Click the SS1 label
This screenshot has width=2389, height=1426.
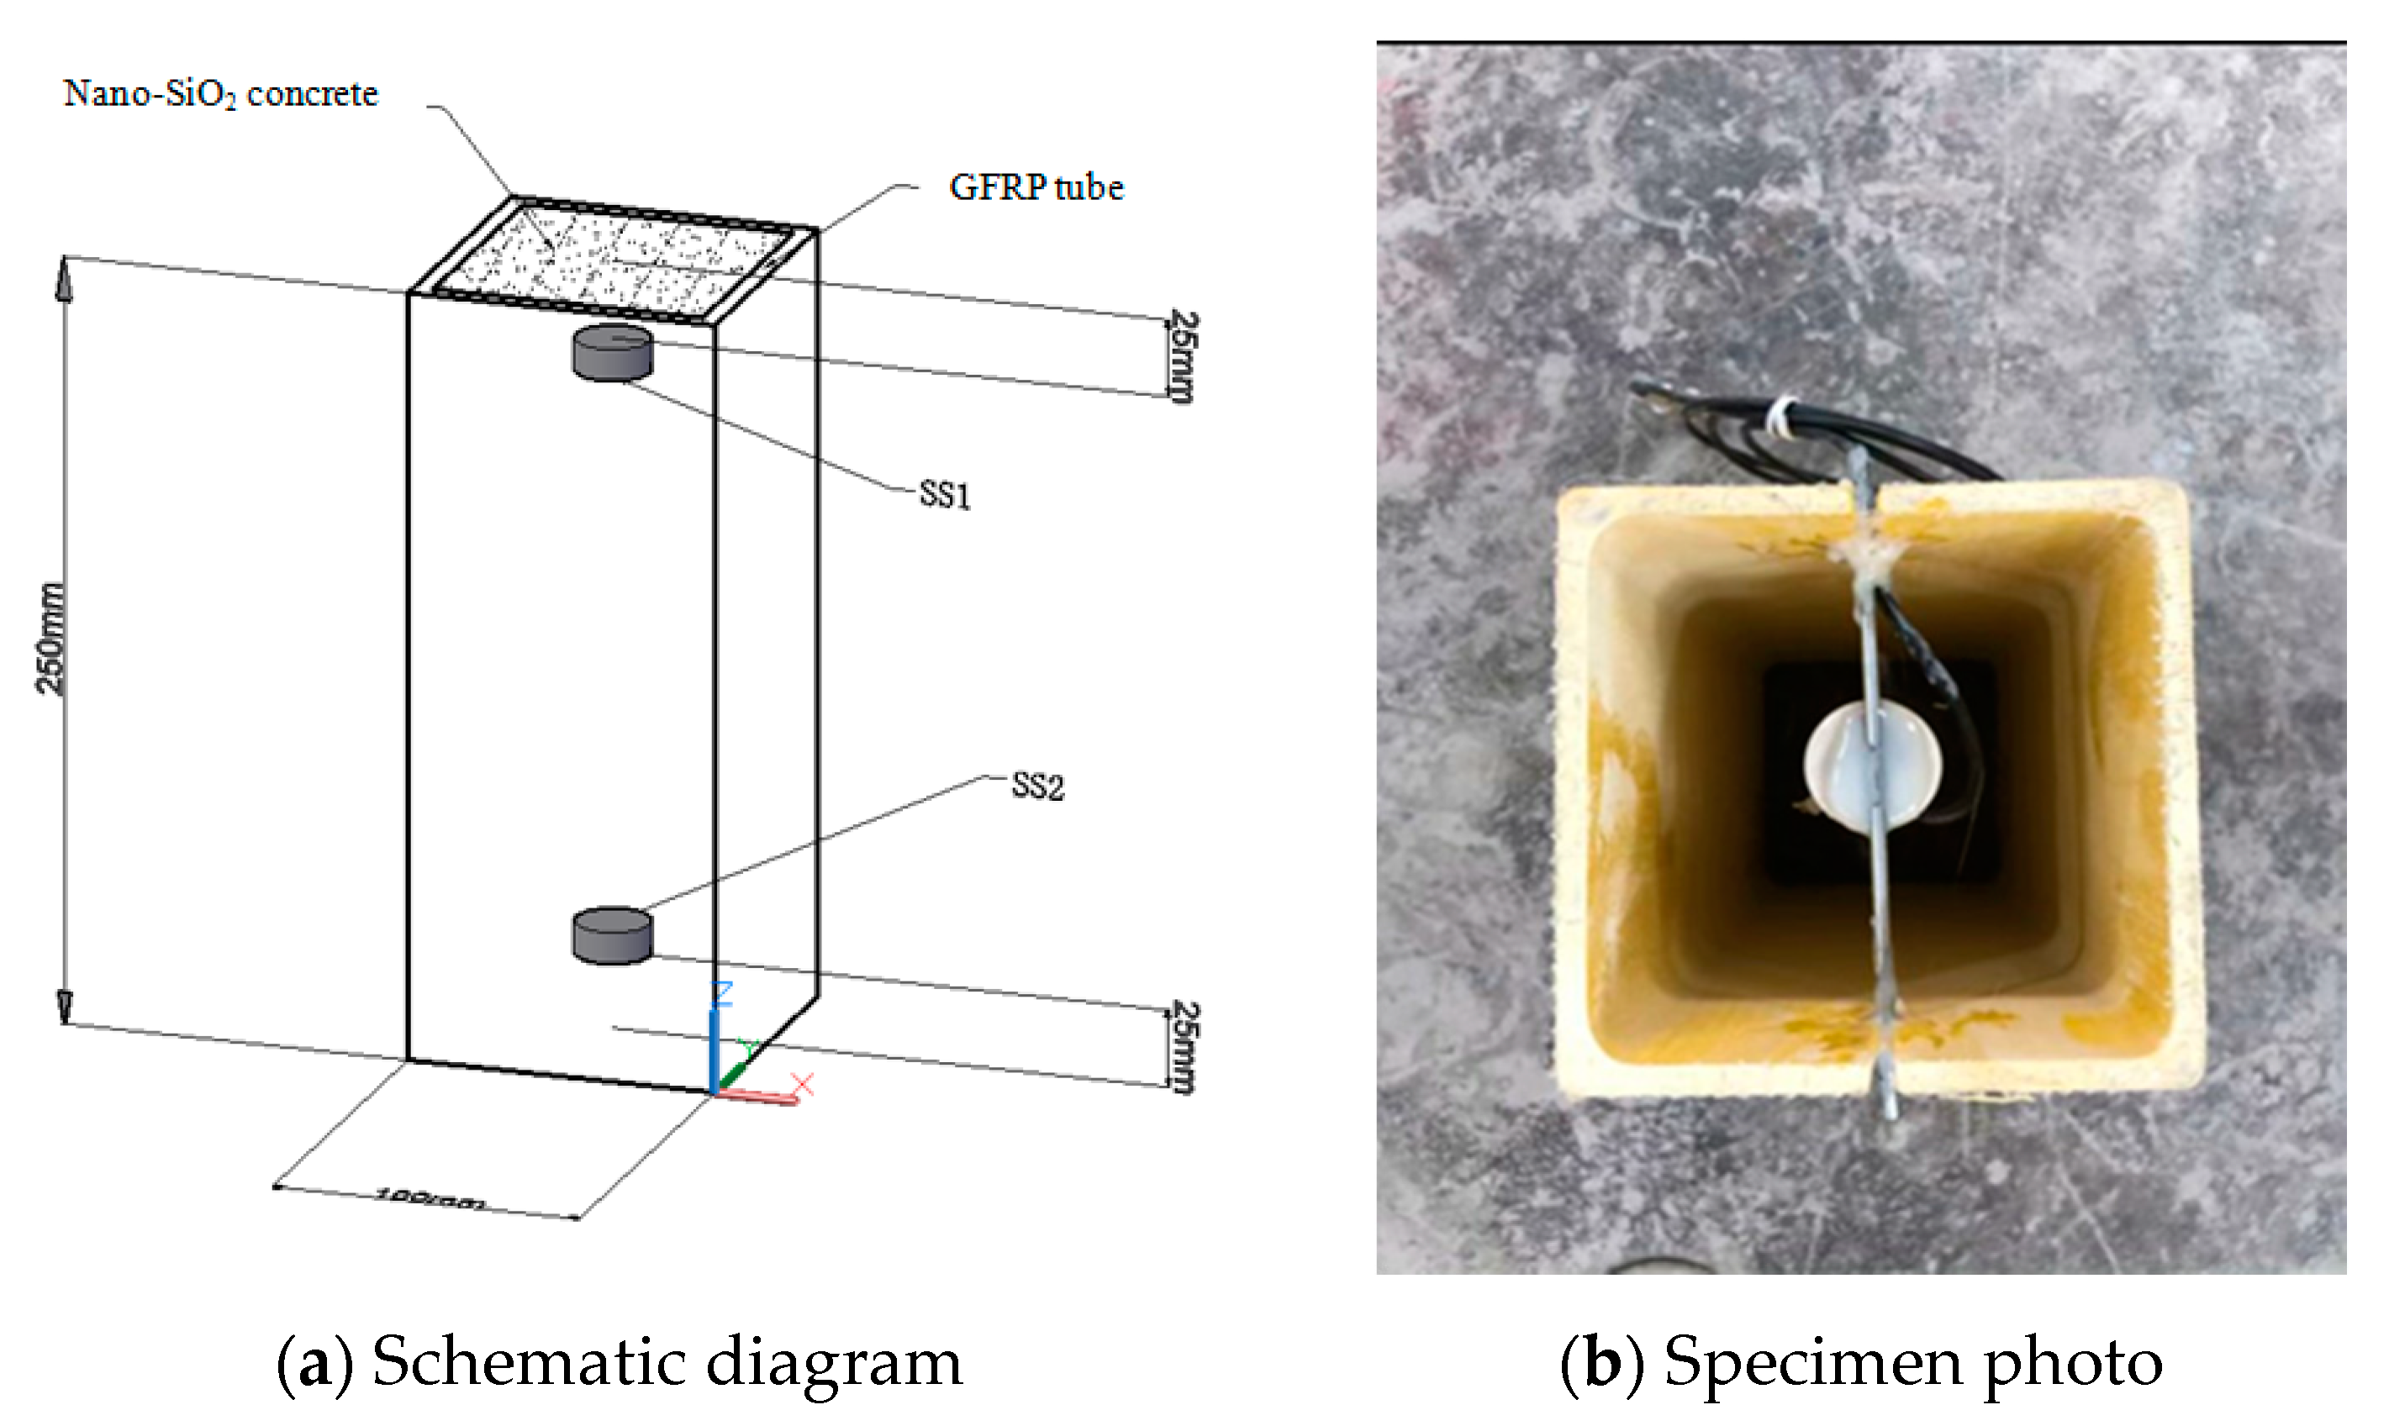[x=945, y=495]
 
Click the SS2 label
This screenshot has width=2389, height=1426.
[x=1037, y=787]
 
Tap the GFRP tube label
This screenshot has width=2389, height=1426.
[x=1036, y=187]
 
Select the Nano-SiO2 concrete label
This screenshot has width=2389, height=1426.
[x=221, y=94]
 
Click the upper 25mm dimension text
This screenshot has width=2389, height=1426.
[x=1183, y=356]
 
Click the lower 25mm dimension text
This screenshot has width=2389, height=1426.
[x=1183, y=1047]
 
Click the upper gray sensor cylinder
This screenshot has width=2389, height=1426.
[x=612, y=354]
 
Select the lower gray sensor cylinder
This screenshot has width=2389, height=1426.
[x=612, y=935]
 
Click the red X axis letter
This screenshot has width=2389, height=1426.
[x=804, y=1085]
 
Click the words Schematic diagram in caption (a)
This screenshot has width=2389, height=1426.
[x=667, y=1363]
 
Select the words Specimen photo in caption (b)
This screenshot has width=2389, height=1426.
[x=1912, y=1363]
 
